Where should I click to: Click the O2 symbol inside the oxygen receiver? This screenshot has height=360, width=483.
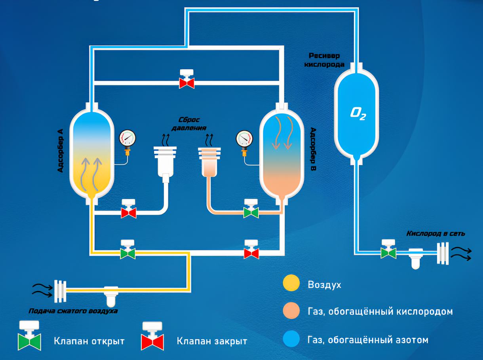point(357,114)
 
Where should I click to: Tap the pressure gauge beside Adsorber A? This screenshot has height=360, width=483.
point(127,139)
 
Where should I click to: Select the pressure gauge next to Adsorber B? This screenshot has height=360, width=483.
point(244,139)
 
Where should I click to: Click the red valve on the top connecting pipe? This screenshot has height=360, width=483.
point(186,83)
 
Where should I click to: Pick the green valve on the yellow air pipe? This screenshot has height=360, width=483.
point(128,253)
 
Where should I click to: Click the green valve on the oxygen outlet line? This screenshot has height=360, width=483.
point(388,252)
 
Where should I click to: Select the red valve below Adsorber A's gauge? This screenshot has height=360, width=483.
point(128,212)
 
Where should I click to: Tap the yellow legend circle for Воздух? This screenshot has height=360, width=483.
point(291,284)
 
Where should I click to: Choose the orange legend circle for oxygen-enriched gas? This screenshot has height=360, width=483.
point(291,311)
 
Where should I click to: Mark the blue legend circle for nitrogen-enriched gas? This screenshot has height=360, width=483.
point(291,339)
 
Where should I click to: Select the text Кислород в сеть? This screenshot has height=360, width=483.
point(435,233)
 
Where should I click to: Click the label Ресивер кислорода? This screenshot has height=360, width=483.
point(324,60)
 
